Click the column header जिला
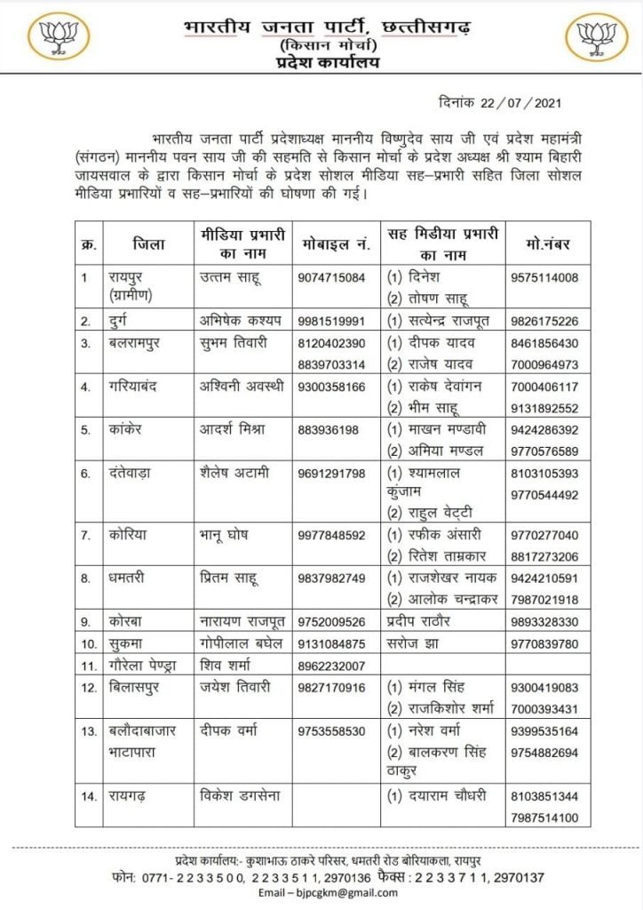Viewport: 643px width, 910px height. point(146,242)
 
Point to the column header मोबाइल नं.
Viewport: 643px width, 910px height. point(332,242)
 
